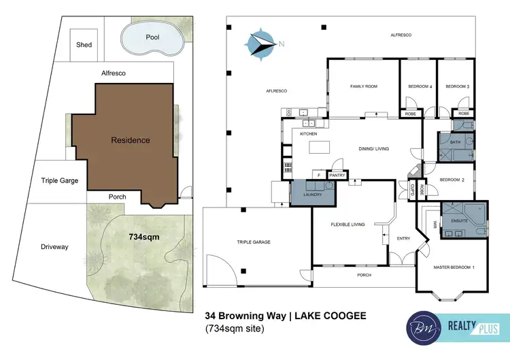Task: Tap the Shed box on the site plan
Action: [84, 45]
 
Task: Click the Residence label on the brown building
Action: [130, 140]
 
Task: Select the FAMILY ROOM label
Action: [363, 86]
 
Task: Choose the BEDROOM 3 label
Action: [457, 86]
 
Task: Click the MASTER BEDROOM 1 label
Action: [454, 267]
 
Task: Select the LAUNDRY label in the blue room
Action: [312, 194]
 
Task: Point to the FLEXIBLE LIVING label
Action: [347, 224]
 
